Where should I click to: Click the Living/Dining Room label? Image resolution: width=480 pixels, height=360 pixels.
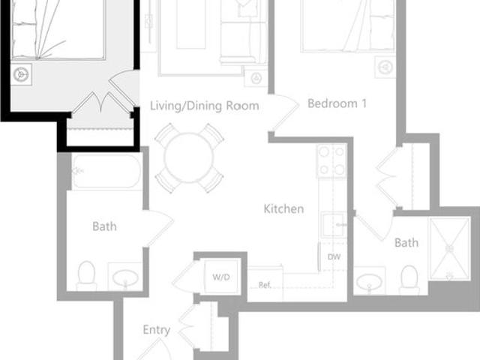[x=204, y=106]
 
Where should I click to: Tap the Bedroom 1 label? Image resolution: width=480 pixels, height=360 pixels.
[x=337, y=103]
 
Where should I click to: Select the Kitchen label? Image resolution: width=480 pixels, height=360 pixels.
[x=283, y=208]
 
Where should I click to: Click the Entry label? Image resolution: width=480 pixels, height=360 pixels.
[x=156, y=329]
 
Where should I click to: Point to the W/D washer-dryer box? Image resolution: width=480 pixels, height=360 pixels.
[x=220, y=277]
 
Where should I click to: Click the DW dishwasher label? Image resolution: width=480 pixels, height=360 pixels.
[x=334, y=256]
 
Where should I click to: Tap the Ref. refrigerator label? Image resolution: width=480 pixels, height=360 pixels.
[x=264, y=285]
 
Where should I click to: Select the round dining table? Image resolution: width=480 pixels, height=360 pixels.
[x=189, y=157]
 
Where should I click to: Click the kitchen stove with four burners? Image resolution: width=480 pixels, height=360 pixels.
[x=331, y=160]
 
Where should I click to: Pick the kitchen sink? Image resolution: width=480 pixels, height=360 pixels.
[x=333, y=223]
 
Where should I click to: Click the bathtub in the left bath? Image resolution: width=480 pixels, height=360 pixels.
[x=106, y=172]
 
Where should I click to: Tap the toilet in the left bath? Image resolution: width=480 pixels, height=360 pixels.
[x=86, y=274]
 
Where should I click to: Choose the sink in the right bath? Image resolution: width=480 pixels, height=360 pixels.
[x=369, y=282]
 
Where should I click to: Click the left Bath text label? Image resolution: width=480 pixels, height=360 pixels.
[x=104, y=226]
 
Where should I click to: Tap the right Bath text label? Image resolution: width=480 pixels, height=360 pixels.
[x=406, y=242]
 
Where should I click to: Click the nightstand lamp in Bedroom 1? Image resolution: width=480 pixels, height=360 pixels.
[x=385, y=67]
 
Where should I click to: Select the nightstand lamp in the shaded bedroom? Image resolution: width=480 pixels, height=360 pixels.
[x=20, y=73]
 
